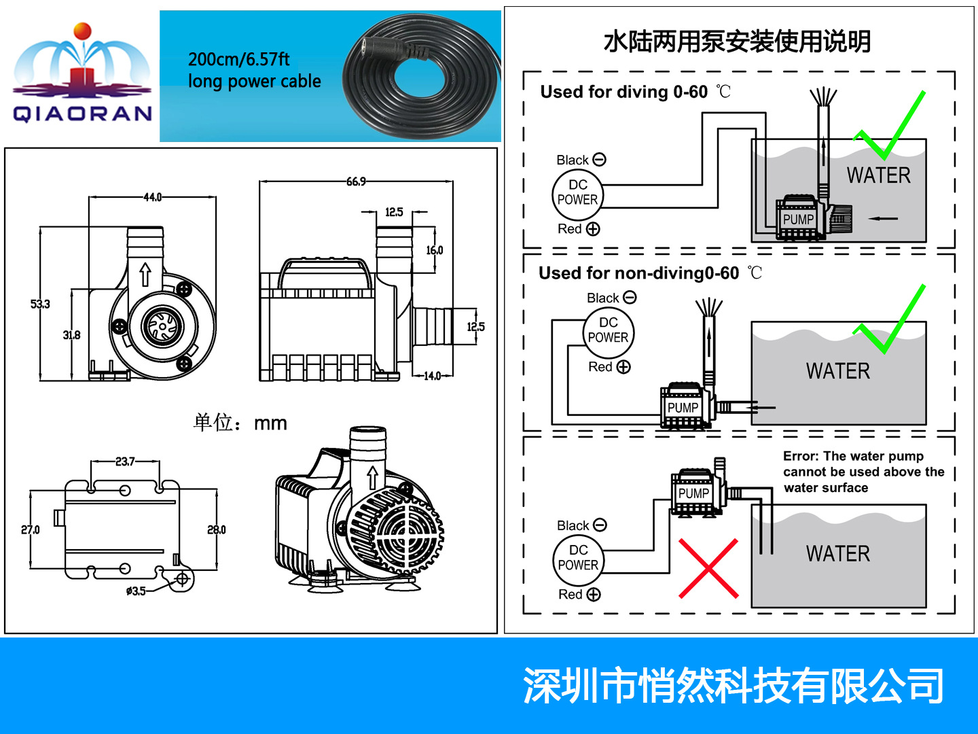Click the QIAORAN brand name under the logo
pyautogui.click(x=83, y=113)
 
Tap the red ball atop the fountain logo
pyautogui.click(x=82, y=31)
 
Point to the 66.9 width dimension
pyautogui.click(x=356, y=181)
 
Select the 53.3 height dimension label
pyautogui.click(x=40, y=304)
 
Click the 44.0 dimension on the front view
pyautogui.click(x=152, y=197)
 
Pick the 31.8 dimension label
pyautogui.click(x=72, y=334)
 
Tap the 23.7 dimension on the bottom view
pyautogui.click(x=125, y=461)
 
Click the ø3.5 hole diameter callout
pyautogui.click(x=136, y=591)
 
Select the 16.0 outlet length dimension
pyautogui.click(x=435, y=250)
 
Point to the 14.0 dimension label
pyautogui.click(x=432, y=376)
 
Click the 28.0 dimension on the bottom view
pyautogui.click(x=217, y=529)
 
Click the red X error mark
pyautogui.click(x=708, y=568)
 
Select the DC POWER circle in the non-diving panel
pyautogui.click(x=608, y=332)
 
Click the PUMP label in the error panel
pyautogui.click(x=693, y=493)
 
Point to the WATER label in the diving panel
pyautogui.click(x=879, y=175)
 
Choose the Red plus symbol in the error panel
pyautogui.click(x=594, y=594)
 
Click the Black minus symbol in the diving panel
pyautogui.click(x=599, y=159)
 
